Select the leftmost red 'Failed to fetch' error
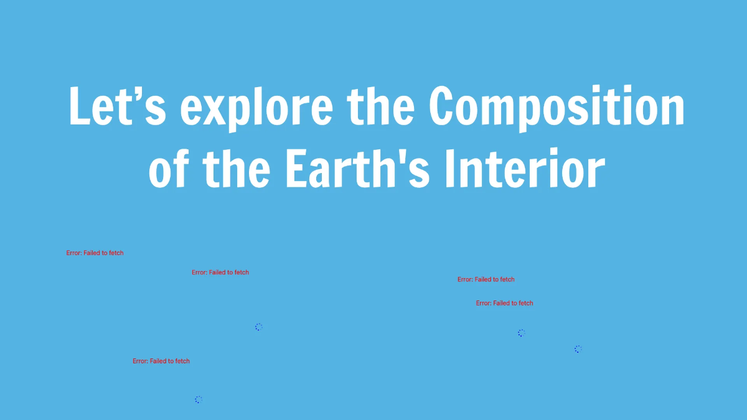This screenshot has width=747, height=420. tap(95, 253)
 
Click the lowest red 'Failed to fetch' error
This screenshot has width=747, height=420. tap(161, 361)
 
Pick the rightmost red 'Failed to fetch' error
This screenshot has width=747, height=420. tap(505, 303)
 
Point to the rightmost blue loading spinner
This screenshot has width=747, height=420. tap(578, 349)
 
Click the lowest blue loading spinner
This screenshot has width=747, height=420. tap(198, 399)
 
